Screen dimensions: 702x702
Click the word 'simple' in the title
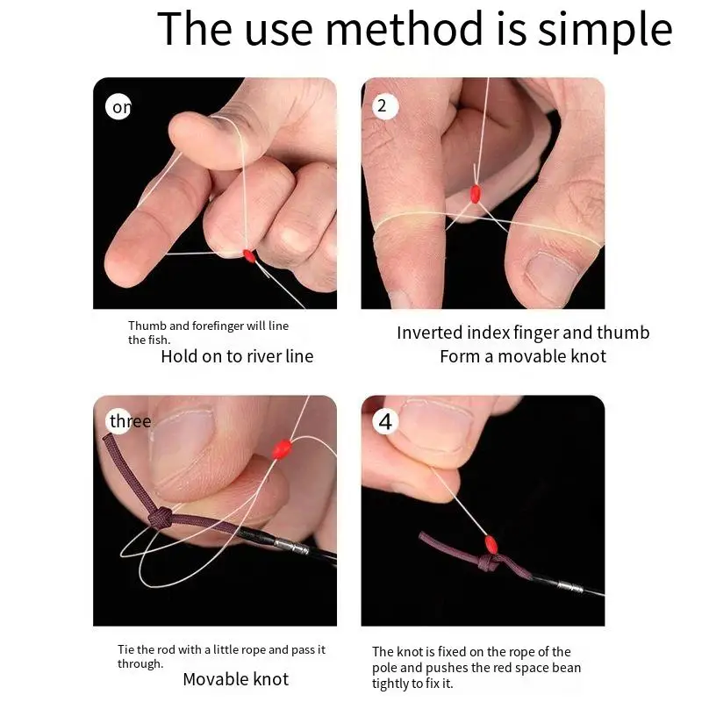coord(605,30)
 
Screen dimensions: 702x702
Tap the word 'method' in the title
coord(406,29)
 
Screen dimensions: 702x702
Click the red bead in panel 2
coord(476,194)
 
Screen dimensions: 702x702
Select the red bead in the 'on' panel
coord(249,255)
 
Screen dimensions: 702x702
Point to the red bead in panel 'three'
coord(282,449)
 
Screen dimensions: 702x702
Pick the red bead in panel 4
coord(491,544)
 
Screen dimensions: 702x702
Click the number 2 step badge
coord(384,106)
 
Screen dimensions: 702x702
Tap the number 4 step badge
coord(385,422)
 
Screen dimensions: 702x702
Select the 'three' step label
coord(130,421)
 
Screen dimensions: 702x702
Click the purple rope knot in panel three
coord(161,518)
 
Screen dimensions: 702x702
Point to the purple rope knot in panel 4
coord(490,562)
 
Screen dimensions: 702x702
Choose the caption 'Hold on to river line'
coord(237,356)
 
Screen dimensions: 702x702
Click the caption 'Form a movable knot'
coord(523,356)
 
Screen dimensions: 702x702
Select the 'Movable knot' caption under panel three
coord(236,679)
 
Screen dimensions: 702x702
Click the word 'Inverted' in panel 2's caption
coord(430,333)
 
